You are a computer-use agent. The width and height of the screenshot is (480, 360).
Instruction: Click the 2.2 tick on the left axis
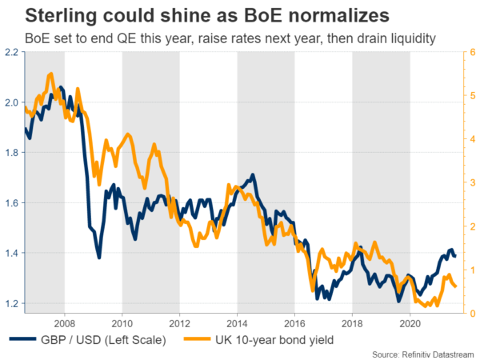click(x=12, y=52)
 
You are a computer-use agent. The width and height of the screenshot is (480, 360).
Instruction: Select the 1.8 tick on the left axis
click(x=12, y=153)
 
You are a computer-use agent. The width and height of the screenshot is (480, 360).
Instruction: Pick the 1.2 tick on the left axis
click(x=12, y=304)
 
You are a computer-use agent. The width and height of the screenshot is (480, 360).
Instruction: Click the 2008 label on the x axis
click(x=66, y=323)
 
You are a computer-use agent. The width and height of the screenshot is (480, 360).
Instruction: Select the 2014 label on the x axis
click(x=237, y=323)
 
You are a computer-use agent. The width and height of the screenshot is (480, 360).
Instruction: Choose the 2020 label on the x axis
click(x=410, y=323)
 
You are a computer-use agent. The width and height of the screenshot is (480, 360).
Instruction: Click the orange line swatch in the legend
click(x=194, y=340)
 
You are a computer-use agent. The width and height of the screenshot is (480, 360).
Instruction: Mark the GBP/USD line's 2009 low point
click(x=98, y=257)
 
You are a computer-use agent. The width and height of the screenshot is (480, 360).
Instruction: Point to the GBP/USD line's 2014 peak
click(x=253, y=174)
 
